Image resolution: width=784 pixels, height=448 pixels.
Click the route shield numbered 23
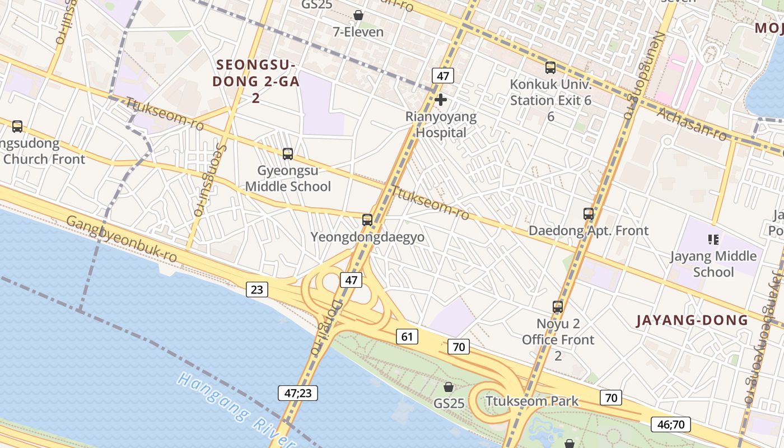click(256, 290)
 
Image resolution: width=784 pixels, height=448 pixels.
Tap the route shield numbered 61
click(407, 337)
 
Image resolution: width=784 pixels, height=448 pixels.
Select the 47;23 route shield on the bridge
click(298, 393)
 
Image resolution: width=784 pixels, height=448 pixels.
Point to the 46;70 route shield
click(670, 424)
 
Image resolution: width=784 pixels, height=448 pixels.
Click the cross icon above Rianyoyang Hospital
click(441, 100)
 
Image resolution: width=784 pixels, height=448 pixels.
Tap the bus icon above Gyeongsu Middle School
click(288, 153)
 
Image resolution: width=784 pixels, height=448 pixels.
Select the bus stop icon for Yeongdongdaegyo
click(367, 220)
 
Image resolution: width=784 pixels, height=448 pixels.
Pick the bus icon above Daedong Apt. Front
click(589, 213)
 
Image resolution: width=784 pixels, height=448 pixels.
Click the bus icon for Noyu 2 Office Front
click(558, 306)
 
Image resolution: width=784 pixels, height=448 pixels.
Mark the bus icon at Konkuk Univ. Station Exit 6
click(550, 68)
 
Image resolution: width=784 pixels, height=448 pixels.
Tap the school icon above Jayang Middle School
click(713, 240)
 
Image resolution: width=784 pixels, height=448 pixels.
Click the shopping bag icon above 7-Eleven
click(358, 15)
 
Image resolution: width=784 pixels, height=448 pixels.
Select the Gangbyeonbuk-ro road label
click(122, 238)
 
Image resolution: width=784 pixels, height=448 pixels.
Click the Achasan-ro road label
click(692, 124)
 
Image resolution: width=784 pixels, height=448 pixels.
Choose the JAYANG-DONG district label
click(692, 320)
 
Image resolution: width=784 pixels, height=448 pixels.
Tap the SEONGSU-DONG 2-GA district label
click(258, 81)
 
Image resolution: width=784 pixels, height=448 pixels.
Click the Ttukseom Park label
click(532, 401)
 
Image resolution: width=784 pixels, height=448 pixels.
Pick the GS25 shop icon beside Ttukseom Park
click(449, 387)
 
